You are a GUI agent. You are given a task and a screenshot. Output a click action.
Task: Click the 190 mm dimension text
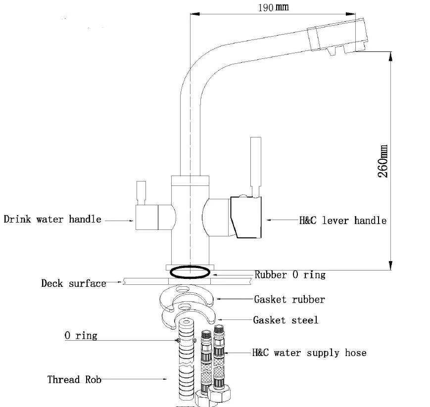[x=273, y=7]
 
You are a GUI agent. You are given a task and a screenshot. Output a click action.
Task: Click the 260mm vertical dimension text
[x=383, y=161]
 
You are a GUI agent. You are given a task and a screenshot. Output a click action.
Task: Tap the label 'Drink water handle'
[x=52, y=219]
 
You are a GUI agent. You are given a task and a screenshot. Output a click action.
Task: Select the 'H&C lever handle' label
[x=343, y=221]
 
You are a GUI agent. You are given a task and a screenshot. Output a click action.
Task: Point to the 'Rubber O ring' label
[x=290, y=274]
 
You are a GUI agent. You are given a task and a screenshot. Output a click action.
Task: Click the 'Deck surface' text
[x=74, y=283]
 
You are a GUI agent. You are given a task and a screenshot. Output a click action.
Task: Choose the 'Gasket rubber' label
[x=289, y=299]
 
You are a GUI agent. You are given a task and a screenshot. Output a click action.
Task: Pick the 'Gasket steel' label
[x=286, y=320]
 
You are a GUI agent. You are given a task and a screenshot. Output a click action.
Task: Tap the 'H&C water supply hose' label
[x=309, y=353]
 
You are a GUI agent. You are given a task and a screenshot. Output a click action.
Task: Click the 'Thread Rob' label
[x=74, y=380]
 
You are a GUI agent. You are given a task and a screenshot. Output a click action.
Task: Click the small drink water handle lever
[x=141, y=193]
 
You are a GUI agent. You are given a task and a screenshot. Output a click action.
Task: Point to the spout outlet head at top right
[x=338, y=37]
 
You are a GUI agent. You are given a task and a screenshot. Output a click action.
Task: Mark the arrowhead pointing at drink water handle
[x=131, y=221]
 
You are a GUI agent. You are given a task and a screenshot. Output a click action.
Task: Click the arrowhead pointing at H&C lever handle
[x=269, y=220]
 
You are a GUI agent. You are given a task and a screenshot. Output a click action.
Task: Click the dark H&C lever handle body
[x=246, y=217]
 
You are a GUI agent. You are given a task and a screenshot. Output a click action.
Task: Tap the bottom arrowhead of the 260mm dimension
[x=391, y=265]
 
